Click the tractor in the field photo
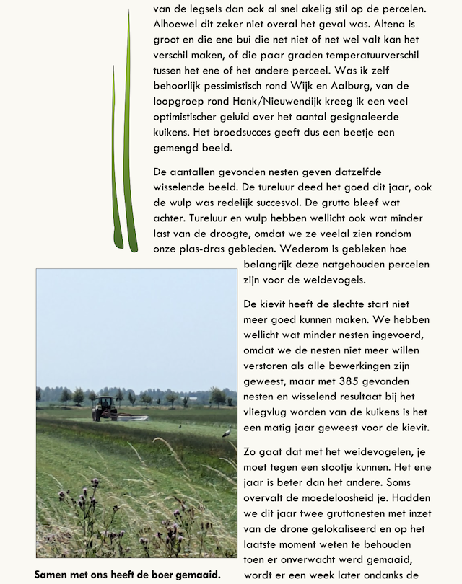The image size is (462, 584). point(104,408)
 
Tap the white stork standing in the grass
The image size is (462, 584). point(226,432)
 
